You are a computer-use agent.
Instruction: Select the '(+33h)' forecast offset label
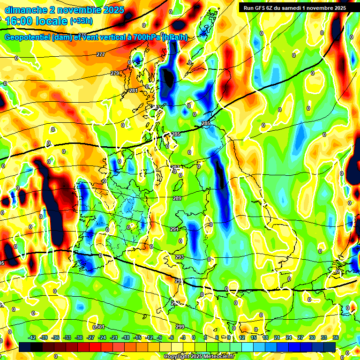[x=82, y=21]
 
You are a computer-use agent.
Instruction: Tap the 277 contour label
[x=101, y=55]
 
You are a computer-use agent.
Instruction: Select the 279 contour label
[x=115, y=73]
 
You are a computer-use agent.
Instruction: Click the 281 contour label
[x=134, y=90]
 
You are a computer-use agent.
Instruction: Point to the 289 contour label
[x=177, y=199]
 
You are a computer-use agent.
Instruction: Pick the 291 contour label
[x=174, y=229]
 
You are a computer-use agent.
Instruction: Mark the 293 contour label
[x=180, y=257]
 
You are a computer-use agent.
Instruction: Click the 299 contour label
[x=180, y=326]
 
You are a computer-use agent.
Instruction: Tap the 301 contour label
[x=99, y=327]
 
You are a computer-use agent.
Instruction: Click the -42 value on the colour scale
[x=32, y=337]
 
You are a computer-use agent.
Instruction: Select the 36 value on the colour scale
[x=336, y=337]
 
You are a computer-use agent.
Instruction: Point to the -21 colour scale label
[x=114, y=337]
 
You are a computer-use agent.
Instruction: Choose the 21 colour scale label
[x=277, y=337]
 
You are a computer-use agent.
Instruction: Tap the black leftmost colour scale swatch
[x=25, y=347]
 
